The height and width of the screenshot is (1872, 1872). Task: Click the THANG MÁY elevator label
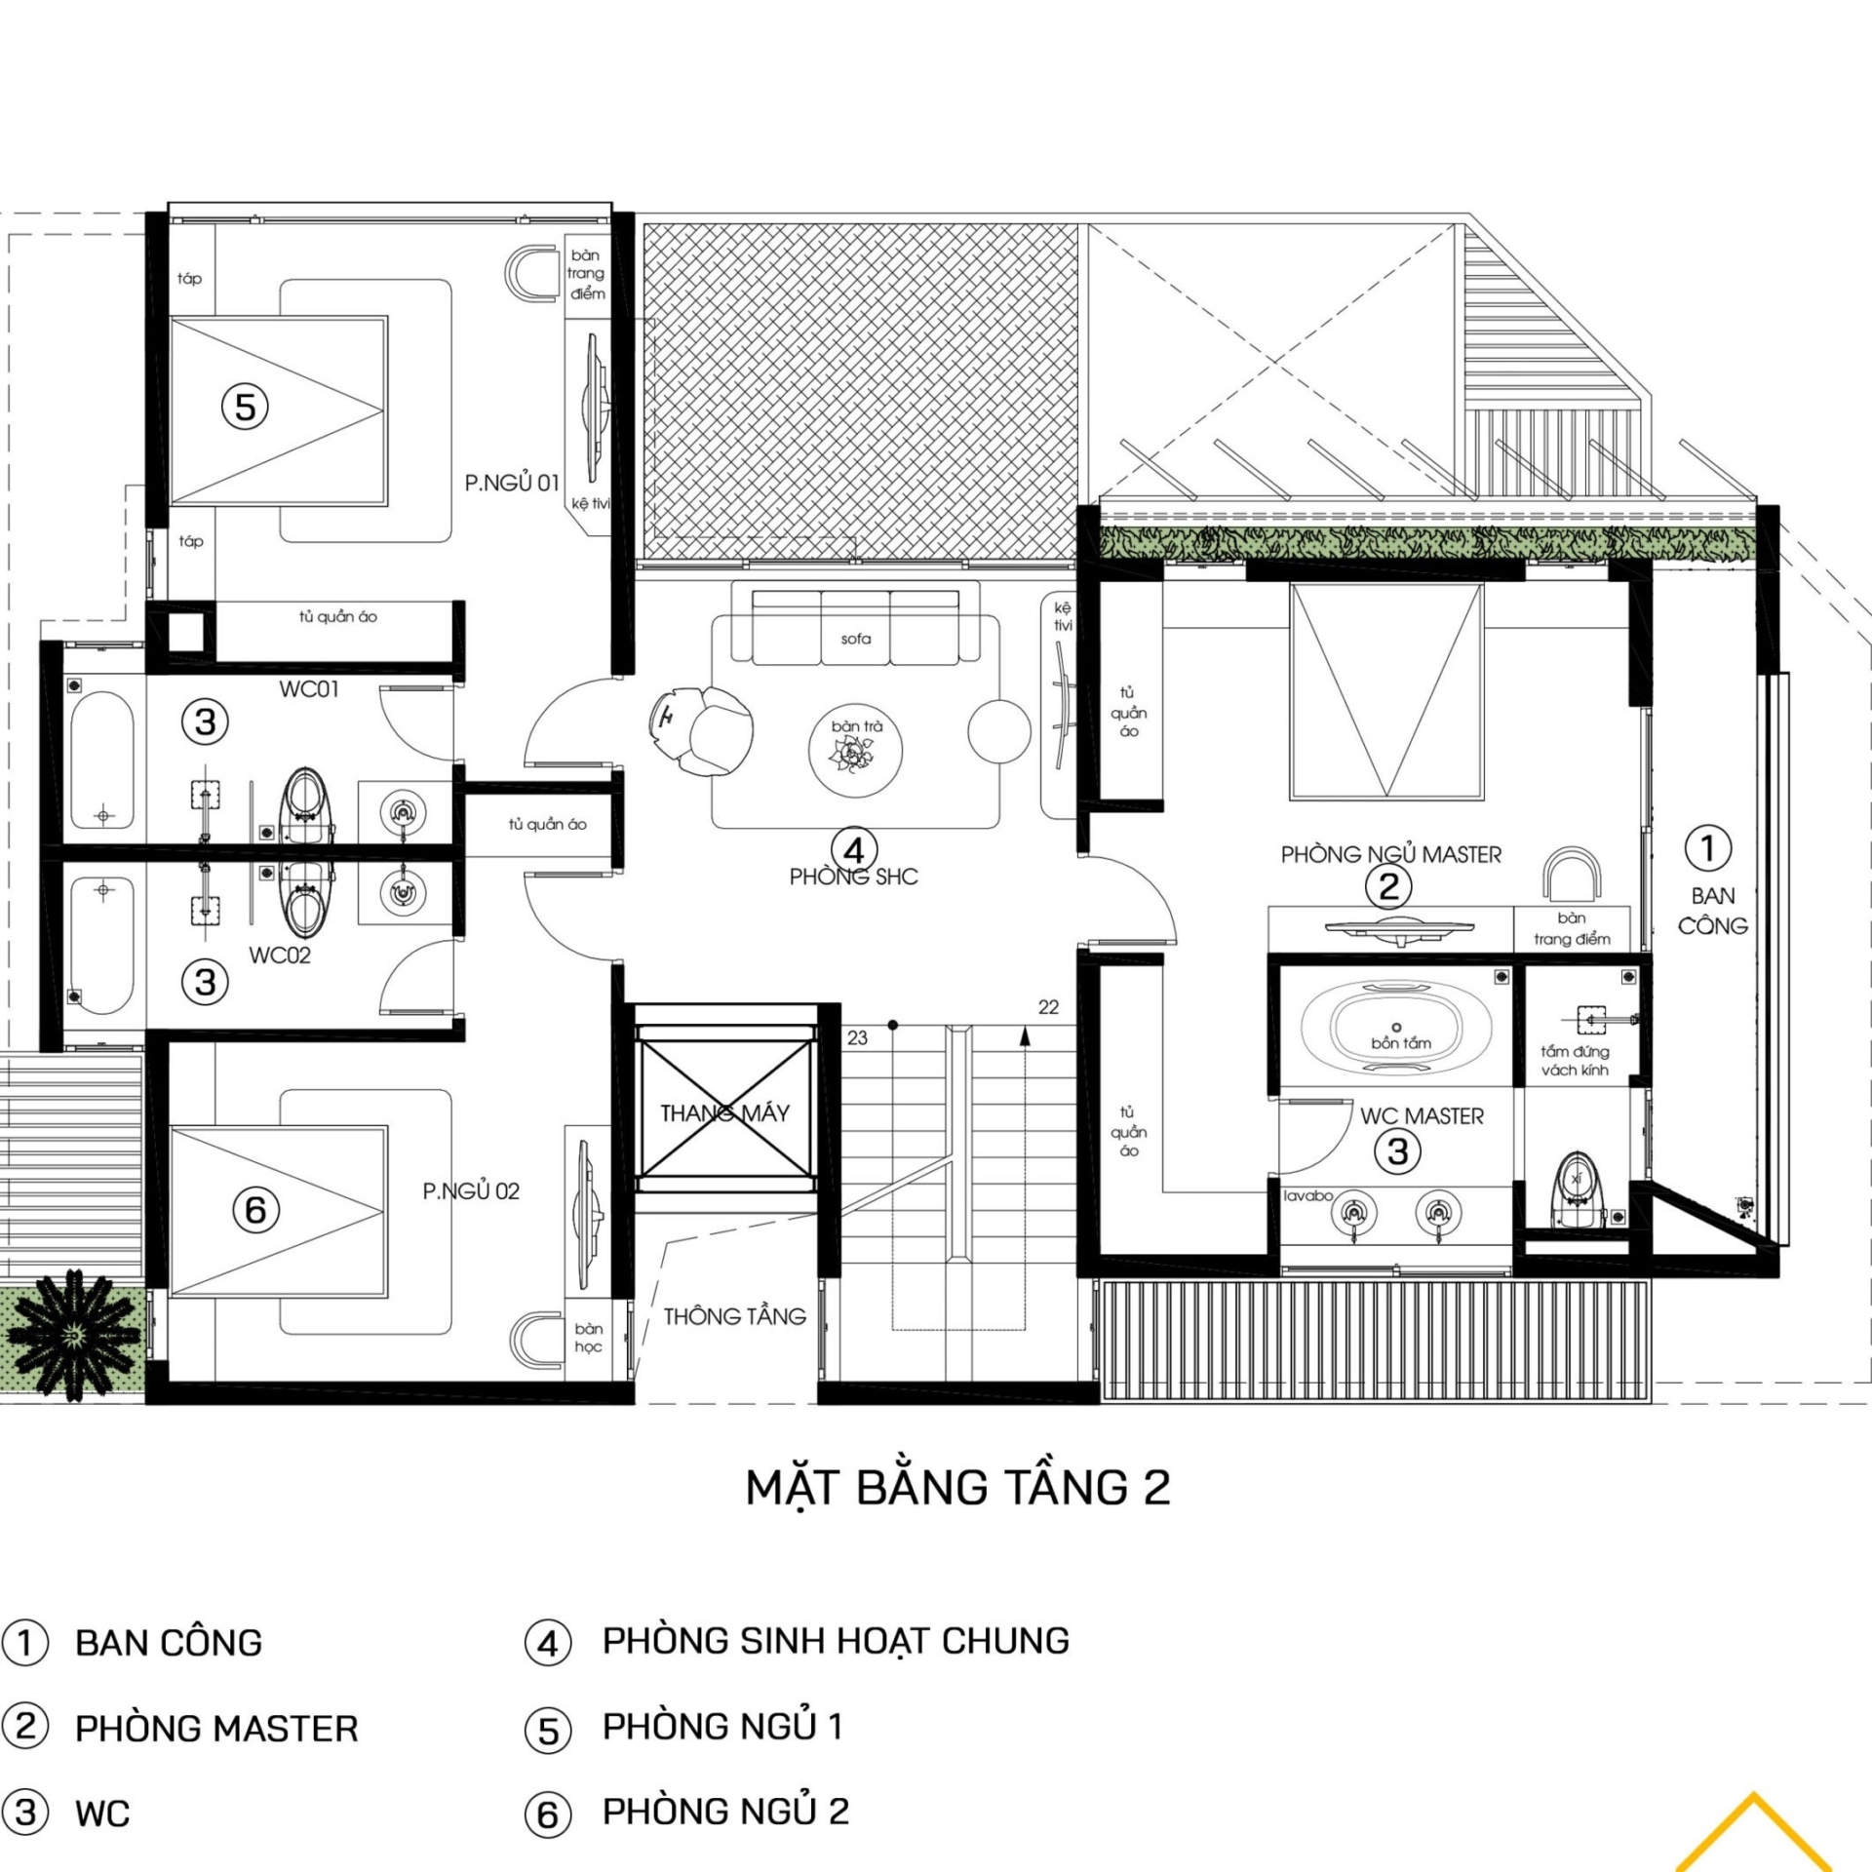click(724, 1112)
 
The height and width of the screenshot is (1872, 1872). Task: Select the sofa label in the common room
click(855, 639)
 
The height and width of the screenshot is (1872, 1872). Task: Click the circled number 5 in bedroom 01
click(245, 406)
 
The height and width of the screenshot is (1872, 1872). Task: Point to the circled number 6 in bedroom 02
click(255, 1209)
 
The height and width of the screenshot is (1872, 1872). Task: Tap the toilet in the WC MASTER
click(1577, 1189)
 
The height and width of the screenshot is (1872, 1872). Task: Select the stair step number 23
click(857, 1037)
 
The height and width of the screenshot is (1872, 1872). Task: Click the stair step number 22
click(1048, 1007)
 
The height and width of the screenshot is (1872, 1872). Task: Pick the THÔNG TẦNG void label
click(735, 1316)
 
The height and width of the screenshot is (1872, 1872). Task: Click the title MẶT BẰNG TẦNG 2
click(957, 1489)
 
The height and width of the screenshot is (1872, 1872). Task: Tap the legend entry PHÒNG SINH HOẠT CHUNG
click(836, 1641)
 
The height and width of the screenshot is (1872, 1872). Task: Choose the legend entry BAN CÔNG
click(169, 1643)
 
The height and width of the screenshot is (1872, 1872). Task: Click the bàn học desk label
click(588, 1337)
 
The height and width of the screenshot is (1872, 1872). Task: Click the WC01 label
click(309, 689)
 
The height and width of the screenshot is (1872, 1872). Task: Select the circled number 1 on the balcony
click(1708, 848)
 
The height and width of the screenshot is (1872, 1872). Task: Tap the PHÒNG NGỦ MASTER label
click(1390, 855)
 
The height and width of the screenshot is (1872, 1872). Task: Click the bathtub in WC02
click(101, 946)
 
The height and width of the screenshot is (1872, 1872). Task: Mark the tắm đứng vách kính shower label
click(1575, 1061)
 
